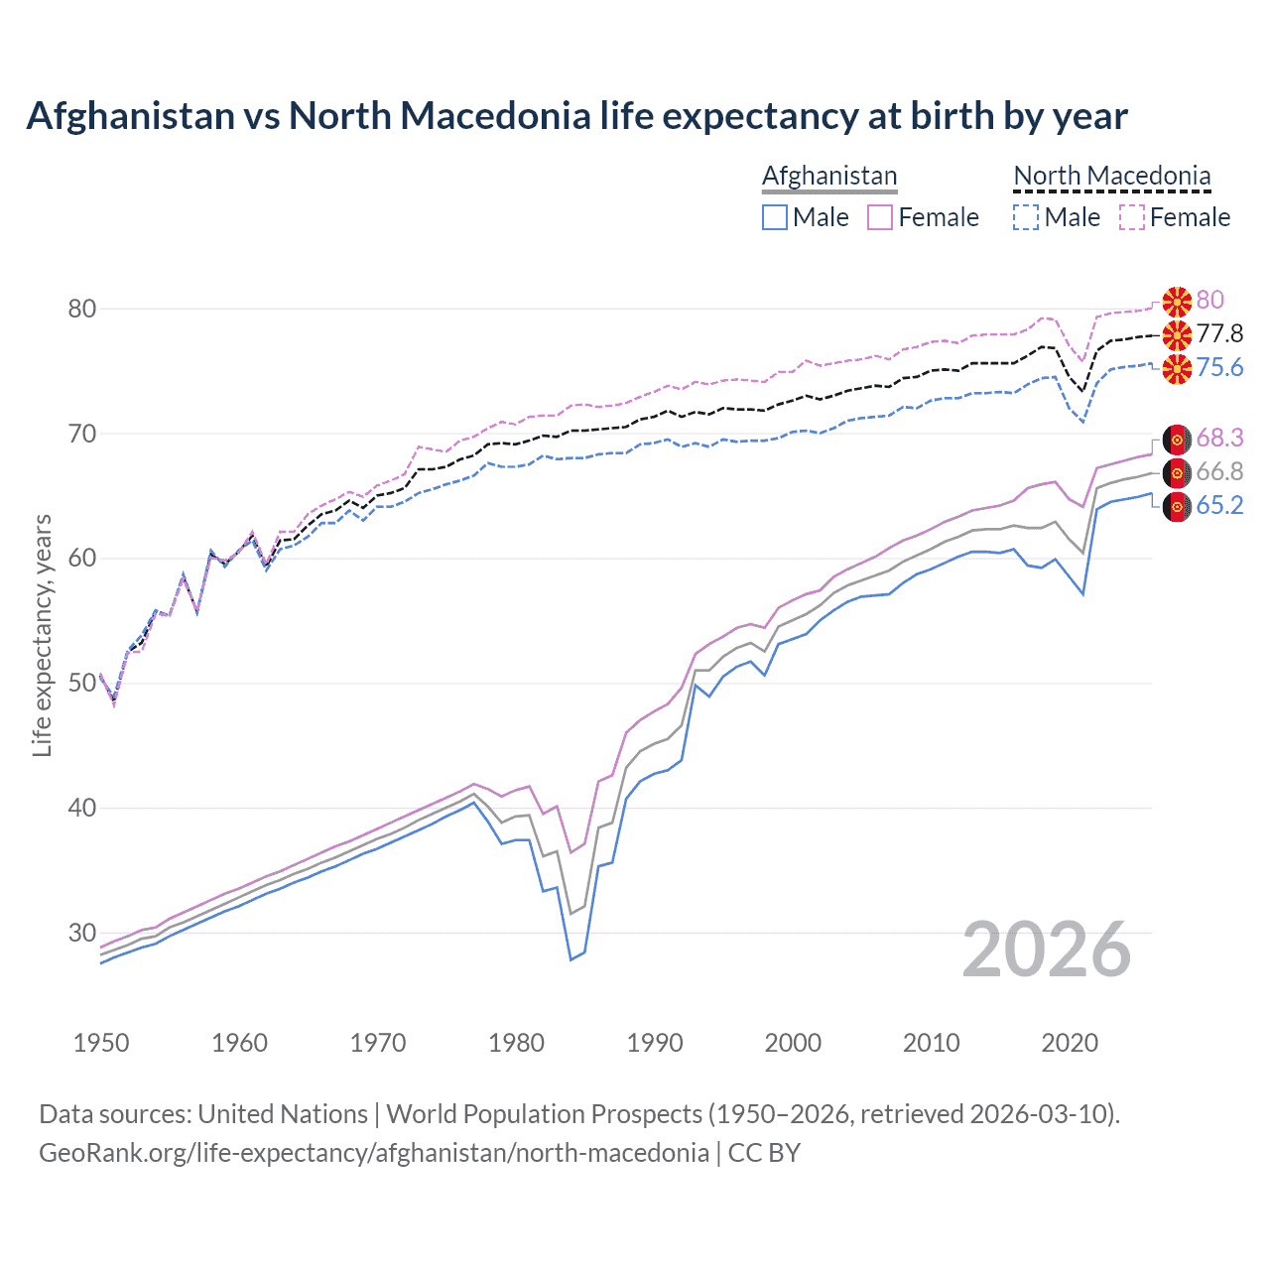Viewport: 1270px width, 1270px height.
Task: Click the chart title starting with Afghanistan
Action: tap(576, 116)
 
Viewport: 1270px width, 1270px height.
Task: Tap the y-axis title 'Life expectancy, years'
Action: tap(42, 635)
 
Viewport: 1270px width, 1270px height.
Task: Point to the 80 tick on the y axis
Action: tap(82, 309)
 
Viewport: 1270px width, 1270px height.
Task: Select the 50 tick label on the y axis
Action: tap(82, 683)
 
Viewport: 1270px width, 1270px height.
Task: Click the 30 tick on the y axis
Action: tap(82, 933)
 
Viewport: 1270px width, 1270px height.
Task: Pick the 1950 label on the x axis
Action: tap(101, 1043)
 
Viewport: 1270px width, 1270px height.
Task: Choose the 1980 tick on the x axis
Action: tap(516, 1043)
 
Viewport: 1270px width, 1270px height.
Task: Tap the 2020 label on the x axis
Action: tap(1070, 1043)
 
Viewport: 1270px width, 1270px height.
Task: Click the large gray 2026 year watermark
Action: tap(1046, 950)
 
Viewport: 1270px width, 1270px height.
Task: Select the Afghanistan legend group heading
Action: tap(829, 176)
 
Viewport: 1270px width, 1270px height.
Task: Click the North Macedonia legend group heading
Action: tap(1111, 176)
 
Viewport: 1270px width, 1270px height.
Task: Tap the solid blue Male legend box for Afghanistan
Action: tap(775, 217)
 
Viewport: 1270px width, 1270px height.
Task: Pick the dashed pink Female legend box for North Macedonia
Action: tap(1132, 217)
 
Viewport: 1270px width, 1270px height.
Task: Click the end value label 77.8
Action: tap(1219, 333)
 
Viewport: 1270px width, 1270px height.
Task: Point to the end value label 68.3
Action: tap(1219, 438)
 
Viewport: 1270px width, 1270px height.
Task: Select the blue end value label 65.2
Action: tap(1219, 505)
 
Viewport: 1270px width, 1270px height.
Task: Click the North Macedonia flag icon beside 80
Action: tap(1177, 301)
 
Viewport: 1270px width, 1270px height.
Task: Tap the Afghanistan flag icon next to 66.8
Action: tap(1177, 472)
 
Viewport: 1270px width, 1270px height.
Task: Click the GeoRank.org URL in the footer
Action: tap(374, 1153)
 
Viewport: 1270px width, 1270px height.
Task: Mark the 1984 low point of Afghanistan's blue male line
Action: tap(571, 959)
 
